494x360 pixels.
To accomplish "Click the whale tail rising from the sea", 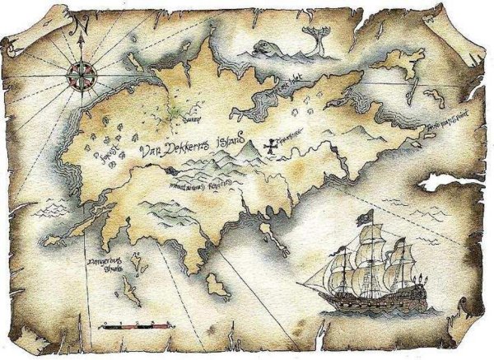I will coord(316,33).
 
